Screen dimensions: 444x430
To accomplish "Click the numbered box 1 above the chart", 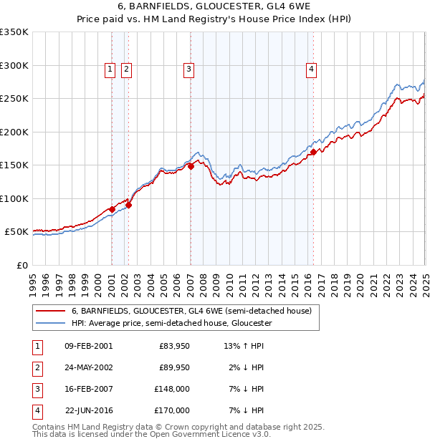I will click(x=110, y=69).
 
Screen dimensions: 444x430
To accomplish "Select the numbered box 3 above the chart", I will click(x=188, y=69).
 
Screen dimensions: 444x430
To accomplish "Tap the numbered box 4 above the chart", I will click(x=312, y=69).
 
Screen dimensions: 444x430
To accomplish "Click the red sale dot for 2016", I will click(x=313, y=152).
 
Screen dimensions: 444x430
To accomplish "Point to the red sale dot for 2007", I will click(x=191, y=166).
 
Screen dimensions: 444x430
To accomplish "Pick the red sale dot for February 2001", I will click(x=113, y=209).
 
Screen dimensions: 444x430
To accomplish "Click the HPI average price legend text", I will click(x=171, y=323).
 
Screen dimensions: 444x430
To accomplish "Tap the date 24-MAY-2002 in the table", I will click(x=88, y=367).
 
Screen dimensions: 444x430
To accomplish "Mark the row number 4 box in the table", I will click(x=37, y=410).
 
